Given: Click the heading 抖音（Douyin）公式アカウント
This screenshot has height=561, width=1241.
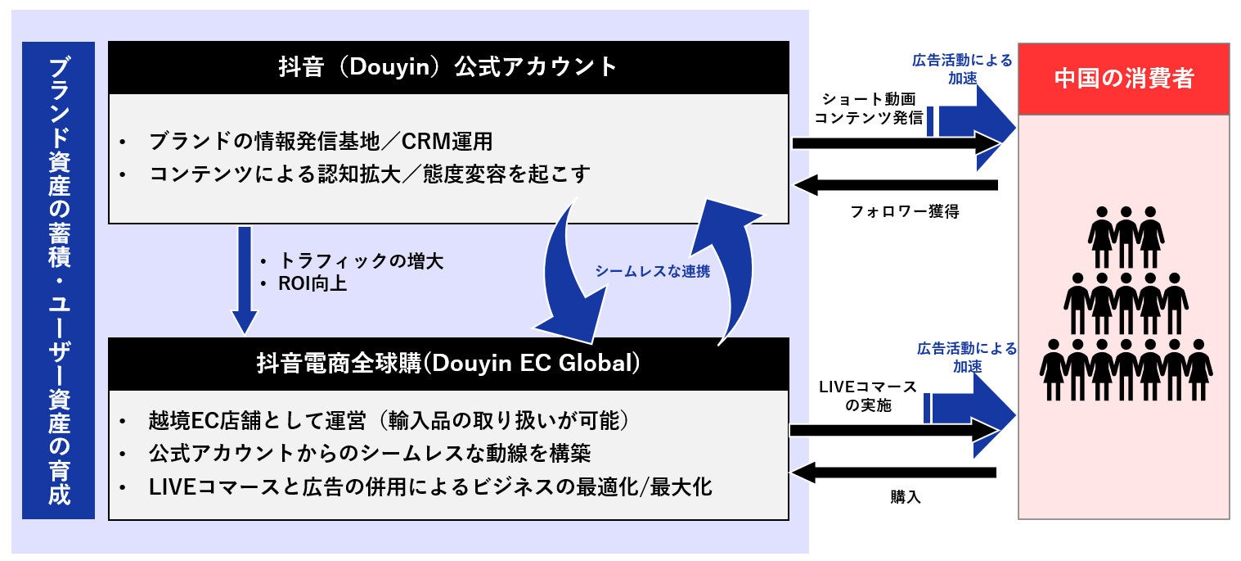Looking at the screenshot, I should tap(447, 67).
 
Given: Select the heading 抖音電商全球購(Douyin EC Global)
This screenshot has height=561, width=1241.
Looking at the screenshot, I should tap(447, 364).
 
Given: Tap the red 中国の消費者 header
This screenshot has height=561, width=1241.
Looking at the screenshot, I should tap(1123, 79).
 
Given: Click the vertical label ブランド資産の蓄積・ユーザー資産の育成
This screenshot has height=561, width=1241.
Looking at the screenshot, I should tap(58, 280).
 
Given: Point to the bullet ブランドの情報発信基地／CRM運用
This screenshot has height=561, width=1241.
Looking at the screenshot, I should tap(321, 142).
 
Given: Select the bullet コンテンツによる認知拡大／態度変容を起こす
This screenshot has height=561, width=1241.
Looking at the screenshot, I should tap(369, 174).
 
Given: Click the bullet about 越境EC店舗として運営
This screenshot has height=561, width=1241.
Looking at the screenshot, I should tap(388, 421).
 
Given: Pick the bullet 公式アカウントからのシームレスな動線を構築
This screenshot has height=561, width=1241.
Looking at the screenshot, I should tap(369, 454).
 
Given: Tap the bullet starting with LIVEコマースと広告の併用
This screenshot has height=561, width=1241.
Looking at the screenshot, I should tap(430, 487).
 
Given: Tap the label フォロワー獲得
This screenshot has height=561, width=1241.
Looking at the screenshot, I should tap(905, 211).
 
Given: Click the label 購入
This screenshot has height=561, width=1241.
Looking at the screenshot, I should tap(906, 496).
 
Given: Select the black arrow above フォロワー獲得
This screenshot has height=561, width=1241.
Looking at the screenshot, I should tap(896, 185).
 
